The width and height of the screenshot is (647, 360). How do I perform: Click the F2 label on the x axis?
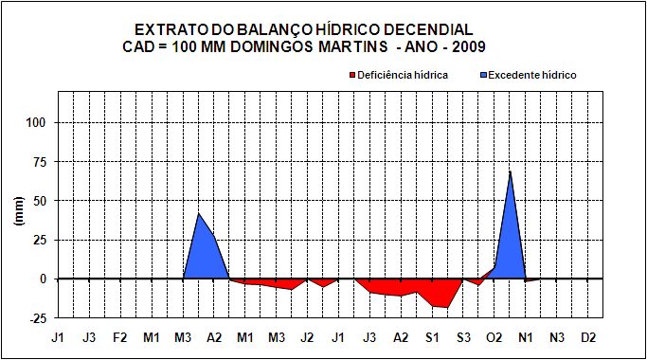click(120, 337)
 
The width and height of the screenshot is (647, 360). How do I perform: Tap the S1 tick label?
click(432, 337)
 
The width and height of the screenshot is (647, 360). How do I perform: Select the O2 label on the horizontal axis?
click(494, 337)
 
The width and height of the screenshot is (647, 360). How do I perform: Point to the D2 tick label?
click(588, 337)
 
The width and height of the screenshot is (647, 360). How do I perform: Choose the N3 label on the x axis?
click(557, 337)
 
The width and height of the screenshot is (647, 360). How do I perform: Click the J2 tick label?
click(307, 337)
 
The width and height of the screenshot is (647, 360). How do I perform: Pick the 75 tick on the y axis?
click(39, 162)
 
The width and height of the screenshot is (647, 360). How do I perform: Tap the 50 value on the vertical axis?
click(39, 201)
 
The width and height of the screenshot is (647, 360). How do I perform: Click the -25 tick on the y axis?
click(37, 318)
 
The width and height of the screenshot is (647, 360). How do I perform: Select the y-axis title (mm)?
click(19, 210)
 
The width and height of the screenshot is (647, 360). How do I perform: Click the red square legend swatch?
click(352, 75)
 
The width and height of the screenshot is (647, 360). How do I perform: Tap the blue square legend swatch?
click(484, 75)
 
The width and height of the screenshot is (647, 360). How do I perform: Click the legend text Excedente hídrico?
click(532, 75)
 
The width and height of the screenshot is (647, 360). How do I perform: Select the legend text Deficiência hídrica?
click(403, 75)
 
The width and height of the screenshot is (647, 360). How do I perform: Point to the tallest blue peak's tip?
click(510, 171)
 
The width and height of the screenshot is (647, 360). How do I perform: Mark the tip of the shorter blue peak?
click(199, 213)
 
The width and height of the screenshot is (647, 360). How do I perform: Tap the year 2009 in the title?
click(468, 46)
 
